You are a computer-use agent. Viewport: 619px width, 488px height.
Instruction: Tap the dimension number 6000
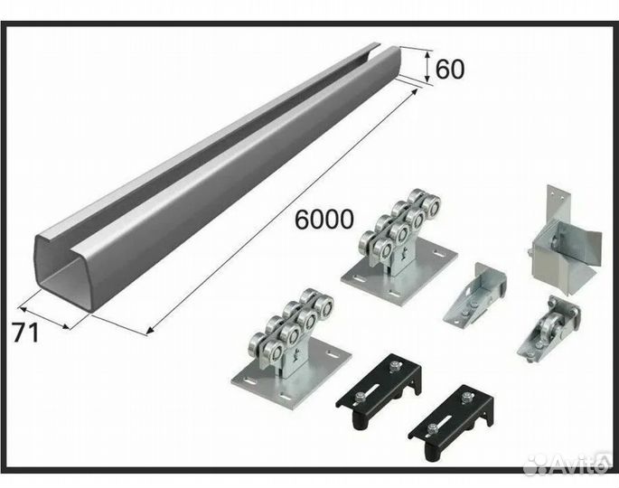(x=324, y=219)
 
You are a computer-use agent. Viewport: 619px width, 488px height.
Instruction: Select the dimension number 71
(x=26, y=333)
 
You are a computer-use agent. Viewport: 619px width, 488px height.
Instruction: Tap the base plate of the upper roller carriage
(x=399, y=275)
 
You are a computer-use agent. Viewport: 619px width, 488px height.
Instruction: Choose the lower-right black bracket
(x=450, y=422)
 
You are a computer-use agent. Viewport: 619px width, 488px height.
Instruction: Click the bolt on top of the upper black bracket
(x=393, y=367)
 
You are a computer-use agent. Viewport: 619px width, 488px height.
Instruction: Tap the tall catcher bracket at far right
(x=565, y=240)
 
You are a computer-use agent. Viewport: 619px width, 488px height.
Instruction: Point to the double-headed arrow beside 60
(x=427, y=66)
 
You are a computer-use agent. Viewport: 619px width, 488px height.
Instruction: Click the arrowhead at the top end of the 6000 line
(x=414, y=91)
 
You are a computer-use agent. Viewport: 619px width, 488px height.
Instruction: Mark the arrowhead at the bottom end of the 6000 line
(x=149, y=332)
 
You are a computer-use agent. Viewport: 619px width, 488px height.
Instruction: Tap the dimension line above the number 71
(x=45, y=317)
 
